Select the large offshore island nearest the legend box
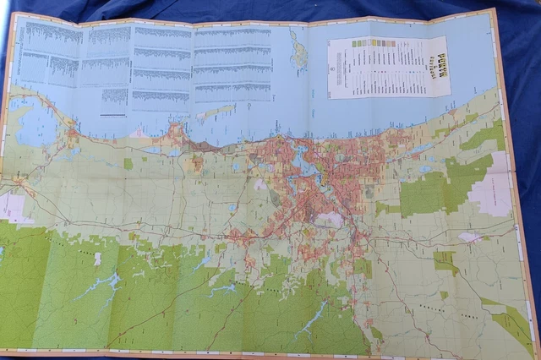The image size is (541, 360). (298, 51)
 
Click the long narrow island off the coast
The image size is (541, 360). (216, 111)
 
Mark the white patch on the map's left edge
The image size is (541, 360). (12, 207)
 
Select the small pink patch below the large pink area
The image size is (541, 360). (469, 237)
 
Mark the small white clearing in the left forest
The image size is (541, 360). (98, 259)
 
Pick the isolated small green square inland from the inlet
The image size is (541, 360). (128, 164)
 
